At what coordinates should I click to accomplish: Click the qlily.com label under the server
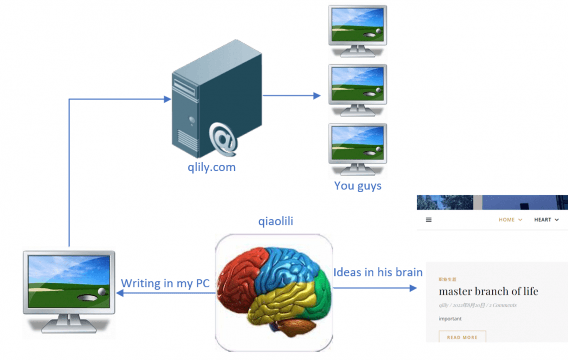pyautogui.click(x=211, y=167)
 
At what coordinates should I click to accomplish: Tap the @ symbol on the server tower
pyautogui.click(x=223, y=138)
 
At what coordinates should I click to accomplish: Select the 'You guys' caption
pyautogui.click(x=357, y=186)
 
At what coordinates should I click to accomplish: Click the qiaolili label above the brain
pyautogui.click(x=276, y=222)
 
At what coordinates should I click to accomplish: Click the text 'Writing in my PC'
pyautogui.click(x=165, y=283)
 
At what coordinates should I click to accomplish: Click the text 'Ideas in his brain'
pyautogui.click(x=378, y=272)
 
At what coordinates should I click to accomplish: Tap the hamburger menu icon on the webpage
pyautogui.click(x=428, y=220)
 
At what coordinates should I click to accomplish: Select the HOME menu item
pyautogui.click(x=507, y=220)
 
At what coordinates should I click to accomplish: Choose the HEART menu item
pyautogui.click(x=543, y=220)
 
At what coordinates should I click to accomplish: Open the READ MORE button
pyautogui.click(x=462, y=337)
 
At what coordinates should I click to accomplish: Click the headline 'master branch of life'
pyautogui.click(x=488, y=291)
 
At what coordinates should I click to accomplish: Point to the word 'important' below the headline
pyautogui.click(x=450, y=319)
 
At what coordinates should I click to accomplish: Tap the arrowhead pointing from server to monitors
pyautogui.click(x=317, y=95)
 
